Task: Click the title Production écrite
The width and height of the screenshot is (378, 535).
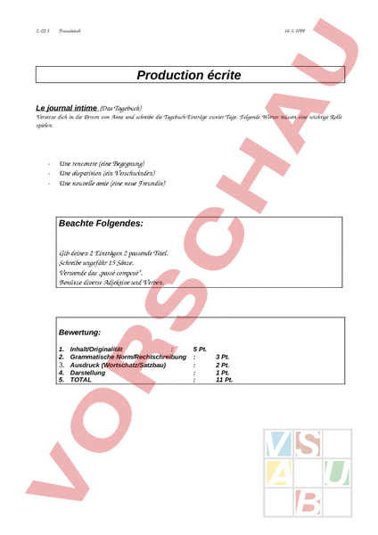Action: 189,77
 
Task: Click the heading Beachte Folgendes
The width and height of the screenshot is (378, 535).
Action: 101,223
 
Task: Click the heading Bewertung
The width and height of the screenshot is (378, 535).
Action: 79,332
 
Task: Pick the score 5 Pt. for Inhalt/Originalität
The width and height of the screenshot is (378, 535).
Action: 200,348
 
